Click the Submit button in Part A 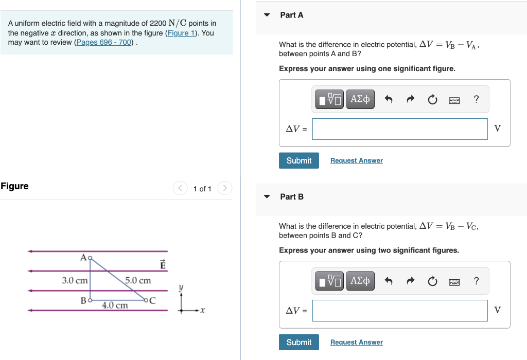298,160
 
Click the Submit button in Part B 298,342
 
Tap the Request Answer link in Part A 356,160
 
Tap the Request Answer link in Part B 356,342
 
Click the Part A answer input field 399,129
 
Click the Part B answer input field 399,310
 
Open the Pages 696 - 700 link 104,42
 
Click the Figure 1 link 182,33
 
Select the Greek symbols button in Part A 360,99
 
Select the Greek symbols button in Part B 360,281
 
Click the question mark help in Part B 476,281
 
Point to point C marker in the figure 146,300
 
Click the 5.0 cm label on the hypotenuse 138,280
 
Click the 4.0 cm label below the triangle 114,305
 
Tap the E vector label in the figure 163,265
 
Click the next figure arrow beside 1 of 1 225,188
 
